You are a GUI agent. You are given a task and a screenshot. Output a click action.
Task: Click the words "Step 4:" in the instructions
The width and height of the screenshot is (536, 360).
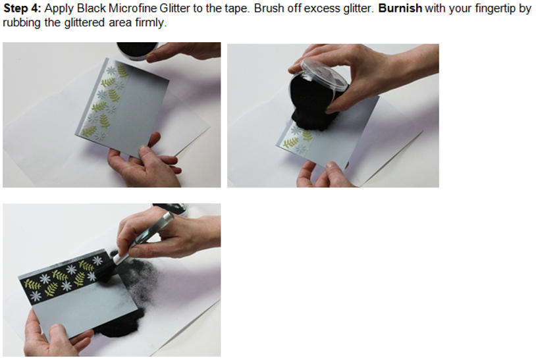point(22,8)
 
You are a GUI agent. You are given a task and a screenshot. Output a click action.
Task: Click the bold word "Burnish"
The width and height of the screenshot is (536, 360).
point(400,8)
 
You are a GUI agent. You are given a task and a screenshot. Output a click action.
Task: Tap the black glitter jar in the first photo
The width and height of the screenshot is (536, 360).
point(137,51)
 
